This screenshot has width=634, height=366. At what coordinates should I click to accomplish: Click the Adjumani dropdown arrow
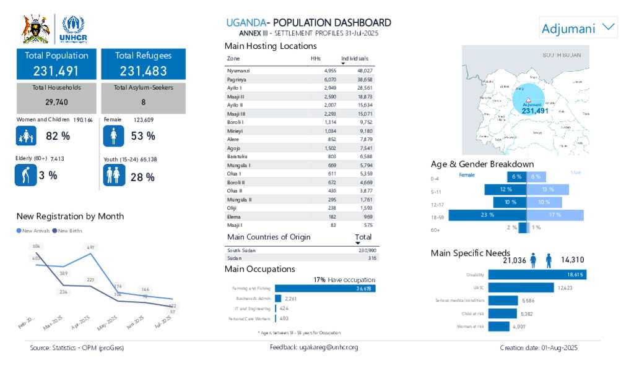tap(609, 27)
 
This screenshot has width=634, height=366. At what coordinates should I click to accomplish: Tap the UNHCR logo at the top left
tap(74, 28)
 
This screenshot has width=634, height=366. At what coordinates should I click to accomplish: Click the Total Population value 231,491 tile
tap(56, 64)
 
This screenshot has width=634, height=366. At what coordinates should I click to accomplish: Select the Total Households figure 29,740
tap(56, 102)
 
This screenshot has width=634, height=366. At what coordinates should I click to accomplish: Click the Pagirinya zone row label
tap(237, 80)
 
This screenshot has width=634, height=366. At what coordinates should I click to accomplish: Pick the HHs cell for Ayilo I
tap(330, 88)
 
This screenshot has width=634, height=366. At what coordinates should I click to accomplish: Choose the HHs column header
tap(316, 58)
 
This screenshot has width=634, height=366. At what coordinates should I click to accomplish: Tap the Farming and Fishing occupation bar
tap(324, 288)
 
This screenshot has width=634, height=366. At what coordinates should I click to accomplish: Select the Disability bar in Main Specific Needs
tap(537, 274)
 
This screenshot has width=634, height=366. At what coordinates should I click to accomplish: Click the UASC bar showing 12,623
tap(521, 287)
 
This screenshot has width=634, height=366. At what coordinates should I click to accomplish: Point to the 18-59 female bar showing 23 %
tap(487, 215)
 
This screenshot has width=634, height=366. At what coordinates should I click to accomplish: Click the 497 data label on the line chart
tap(91, 247)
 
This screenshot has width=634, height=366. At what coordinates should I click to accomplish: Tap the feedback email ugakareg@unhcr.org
tap(314, 347)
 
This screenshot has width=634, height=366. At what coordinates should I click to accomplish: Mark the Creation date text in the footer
tap(538, 348)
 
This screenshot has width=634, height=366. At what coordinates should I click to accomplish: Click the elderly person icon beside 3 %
tap(25, 176)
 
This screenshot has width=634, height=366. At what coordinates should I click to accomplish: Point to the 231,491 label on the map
tap(535, 111)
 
